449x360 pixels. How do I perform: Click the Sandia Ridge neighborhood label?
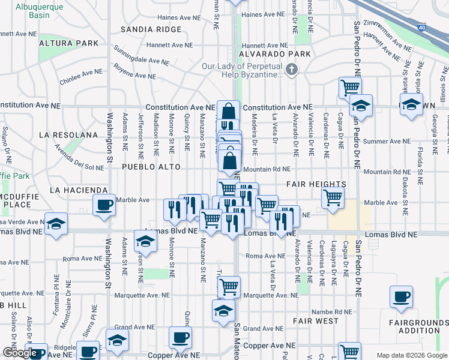(151, 29)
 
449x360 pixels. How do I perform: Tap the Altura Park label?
(68, 44)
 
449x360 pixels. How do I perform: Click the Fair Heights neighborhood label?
(316, 184)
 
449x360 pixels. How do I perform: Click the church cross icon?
(292, 70)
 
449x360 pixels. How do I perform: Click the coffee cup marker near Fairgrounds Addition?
(401, 296)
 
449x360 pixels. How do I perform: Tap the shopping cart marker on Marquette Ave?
(229, 287)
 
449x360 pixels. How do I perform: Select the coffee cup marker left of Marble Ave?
(104, 205)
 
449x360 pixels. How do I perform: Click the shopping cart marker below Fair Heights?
(333, 197)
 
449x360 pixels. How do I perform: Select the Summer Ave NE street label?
(388, 142)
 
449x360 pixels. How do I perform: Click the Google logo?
(20, 353)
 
